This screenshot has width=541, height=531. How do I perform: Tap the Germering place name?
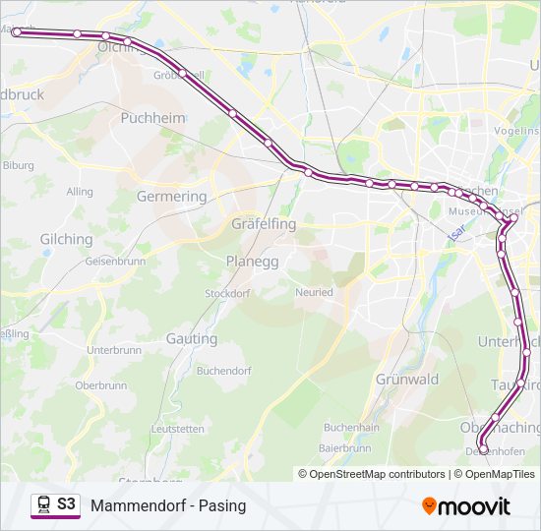click(x=171, y=196)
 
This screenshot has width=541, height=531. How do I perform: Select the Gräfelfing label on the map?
click(x=263, y=224)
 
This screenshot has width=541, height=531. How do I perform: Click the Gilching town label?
click(x=66, y=239)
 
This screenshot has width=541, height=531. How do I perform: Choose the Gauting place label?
click(x=192, y=338)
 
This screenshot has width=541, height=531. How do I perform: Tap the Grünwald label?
click(x=406, y=379)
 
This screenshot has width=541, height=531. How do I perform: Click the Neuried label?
click(x=314, y=292)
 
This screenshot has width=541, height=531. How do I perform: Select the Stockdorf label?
click(x=226, y=293)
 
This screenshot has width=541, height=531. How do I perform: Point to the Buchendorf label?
click(x=223, y=371)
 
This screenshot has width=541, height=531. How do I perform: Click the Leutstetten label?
click(x=178, y=429)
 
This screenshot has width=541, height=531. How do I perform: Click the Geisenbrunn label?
click(x=115, y=262)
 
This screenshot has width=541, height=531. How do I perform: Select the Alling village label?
click(x=80, y=192)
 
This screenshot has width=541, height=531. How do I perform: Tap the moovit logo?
click(x=466, y=506)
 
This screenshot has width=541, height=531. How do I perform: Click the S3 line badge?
click(x=55, y=505)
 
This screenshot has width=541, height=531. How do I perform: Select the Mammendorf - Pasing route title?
click(x=168, y=506)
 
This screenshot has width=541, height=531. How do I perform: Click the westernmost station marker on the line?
click(x=17, y=32)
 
